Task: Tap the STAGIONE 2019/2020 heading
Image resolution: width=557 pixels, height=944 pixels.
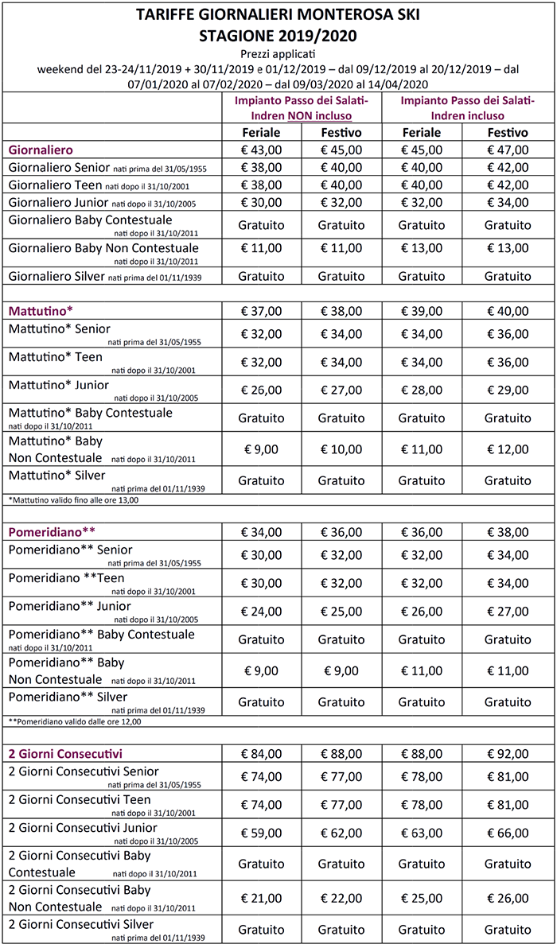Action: [x=278, y=36]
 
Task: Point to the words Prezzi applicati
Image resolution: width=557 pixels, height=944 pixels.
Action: [x=278, y=53]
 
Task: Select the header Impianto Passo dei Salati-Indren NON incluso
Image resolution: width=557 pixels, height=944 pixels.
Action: [x=302, y=108]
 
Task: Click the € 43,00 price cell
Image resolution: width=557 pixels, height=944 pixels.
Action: [x=262, y=150]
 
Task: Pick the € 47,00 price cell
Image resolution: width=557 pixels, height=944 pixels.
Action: [x=508, y=150]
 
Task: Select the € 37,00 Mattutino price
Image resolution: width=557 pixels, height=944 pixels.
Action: [x=262, y=310]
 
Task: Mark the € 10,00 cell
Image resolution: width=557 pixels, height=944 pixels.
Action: [x=341, y=449]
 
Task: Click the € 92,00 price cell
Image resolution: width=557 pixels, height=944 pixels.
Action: [x=508, y=753]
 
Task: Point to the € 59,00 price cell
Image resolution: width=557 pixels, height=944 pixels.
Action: [x=262, y=833]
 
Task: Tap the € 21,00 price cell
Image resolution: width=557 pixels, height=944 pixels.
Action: [x=262, y=898]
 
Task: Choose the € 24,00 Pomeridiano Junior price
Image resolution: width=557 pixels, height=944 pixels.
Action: [x=262, y=612]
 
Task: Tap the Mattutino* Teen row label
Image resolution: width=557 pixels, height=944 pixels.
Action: [x=56, y=358]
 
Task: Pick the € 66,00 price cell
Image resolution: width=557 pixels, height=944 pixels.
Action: [x=508, y=833]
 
